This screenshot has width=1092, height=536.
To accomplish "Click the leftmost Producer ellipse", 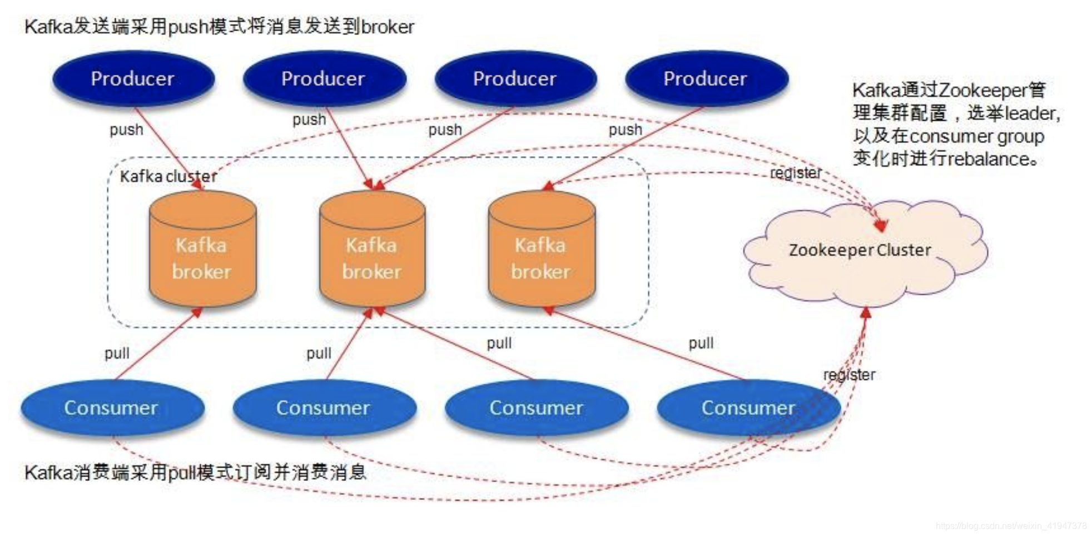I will tap(133, 78).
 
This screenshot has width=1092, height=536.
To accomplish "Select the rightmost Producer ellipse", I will tap(706, 78).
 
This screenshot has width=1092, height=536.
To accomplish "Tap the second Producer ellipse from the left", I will tap(324, 78).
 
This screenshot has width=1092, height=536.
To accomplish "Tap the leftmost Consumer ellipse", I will tap(112, 408).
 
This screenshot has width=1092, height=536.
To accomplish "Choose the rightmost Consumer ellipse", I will tap(748, 408).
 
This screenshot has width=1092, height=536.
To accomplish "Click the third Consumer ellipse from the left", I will tap(537, 408).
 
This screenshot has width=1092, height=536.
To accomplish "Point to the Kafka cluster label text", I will tap(168, 176).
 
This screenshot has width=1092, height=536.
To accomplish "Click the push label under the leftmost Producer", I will tap(126, 130).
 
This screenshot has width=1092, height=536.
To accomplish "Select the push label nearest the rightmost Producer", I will tap(625, 130).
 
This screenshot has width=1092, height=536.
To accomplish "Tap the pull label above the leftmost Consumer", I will tap(117, 353).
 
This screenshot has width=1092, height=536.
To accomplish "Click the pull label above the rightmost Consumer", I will tap(701, 343).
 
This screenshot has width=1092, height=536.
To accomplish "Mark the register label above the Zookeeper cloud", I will tap(795, 173).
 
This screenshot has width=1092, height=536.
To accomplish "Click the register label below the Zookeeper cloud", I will tap(849, 375).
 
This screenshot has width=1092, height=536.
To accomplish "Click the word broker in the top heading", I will tap(388, 27).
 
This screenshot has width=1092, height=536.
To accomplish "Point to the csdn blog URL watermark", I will tap(1011, 525).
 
